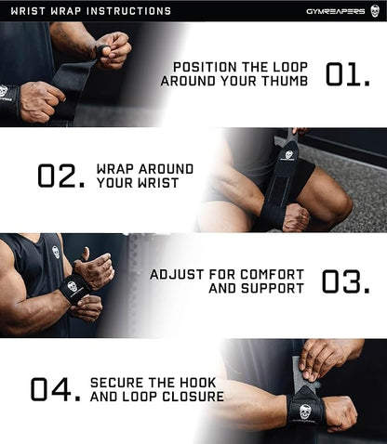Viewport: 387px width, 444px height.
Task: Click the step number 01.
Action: click(348, 74)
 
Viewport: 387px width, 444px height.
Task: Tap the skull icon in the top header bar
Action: click(375, 11)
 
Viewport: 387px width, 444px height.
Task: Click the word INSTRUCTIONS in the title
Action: click(129, 11)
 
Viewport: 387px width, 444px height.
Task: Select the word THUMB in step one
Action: click(287, 82)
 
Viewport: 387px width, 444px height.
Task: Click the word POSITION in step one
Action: click(207, 67)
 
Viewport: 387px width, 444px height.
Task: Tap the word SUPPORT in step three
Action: click(274, 289)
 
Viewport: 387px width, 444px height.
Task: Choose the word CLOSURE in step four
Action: click(190, 397)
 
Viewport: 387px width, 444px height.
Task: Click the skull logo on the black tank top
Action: click(56, 251)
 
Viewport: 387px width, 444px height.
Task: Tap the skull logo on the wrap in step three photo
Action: click(72, 287)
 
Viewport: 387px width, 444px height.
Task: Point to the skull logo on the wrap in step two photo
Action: click(289, 155)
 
